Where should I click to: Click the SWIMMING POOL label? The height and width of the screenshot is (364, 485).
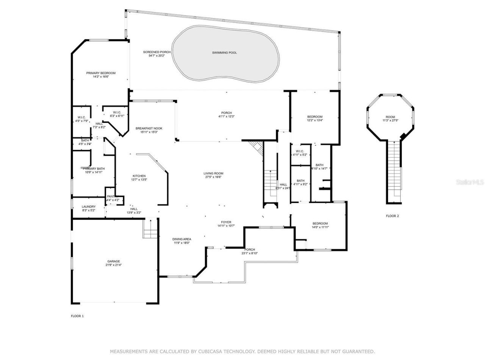tap(224, 53)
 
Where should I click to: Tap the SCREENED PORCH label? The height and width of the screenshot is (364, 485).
tap(156, 52)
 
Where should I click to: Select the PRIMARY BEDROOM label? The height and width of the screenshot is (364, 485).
tap(101, 73)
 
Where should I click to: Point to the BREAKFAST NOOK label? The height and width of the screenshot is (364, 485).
tap(149, 129)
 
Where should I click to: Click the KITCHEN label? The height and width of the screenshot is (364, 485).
tap(139, 176)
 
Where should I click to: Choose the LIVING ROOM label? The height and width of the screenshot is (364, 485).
tap(213, 173)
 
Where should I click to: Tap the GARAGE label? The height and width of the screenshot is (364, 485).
tap(113, 261)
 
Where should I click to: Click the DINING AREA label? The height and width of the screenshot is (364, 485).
tap(182, 239)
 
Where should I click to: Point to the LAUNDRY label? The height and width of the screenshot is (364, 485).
tap(89, 207)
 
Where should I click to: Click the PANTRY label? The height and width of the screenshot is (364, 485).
tap(113, 196)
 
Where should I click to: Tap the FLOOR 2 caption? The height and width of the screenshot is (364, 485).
tap(392, 216)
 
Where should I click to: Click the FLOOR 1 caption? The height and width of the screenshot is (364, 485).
tap(77, 316)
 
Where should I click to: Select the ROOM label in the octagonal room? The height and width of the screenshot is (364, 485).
tap(390, 117)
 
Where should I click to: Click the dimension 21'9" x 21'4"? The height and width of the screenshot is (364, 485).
tap(113, 265)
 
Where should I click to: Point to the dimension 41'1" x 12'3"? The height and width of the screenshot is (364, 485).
tap(227, 116)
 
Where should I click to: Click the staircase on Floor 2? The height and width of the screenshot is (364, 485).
tap(394, 167)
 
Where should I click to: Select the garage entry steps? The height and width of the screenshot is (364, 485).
tap(150, 229)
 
